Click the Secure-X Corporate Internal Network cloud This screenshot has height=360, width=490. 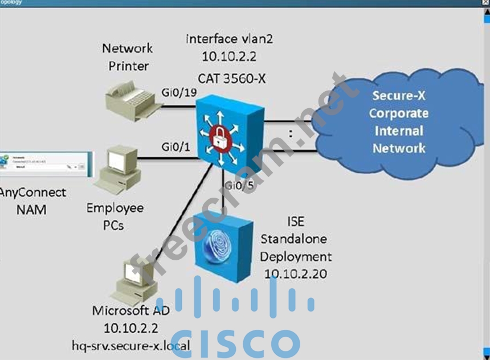398,122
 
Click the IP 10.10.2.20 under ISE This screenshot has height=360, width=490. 295,273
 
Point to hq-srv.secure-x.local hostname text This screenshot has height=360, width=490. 131,345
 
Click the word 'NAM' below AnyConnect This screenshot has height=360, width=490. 31,210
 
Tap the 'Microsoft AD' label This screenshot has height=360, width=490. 130,310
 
